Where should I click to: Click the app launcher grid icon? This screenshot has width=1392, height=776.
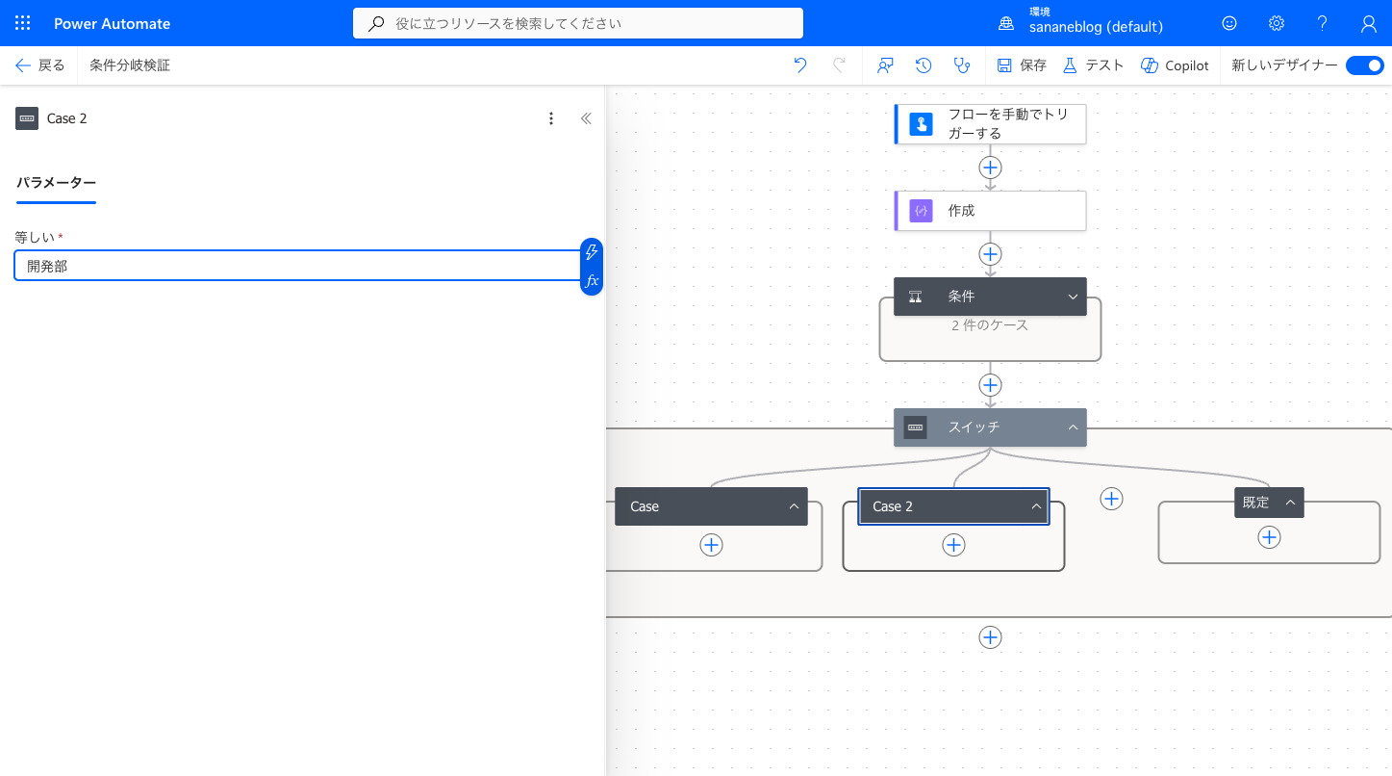pyautogui.click(x=22, y=23)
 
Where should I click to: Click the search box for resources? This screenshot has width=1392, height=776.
pyautogui.click(x=578, y=23)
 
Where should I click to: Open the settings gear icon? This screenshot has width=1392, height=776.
pyautogui.click(x=1277, y=23)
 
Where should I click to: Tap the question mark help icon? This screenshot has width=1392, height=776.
pyautogui.click(x=1323, y=23)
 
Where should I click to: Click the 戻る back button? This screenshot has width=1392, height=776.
pyautogui.click(x=39, y=65)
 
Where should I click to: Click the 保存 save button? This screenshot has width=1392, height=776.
pyautogui.click(x=1022, y=65)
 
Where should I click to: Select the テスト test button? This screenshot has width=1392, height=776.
pyautogui.click(x=1093, y=65)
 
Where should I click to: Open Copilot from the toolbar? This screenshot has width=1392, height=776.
pyautogui.click(x=1175, y=65)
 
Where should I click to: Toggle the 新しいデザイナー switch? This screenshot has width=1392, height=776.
pyautogui.click(x=1365, y=65)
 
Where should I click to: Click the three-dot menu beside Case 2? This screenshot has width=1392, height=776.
pyautogui.click(x=550, y=118)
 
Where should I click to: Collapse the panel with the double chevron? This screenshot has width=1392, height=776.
pyautogui.click(x=586, y=118)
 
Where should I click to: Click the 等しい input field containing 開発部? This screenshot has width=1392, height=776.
pyautogui.click(x=297, y=266)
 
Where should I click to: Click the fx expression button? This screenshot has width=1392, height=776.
pyautogui.click(x=592, y=280)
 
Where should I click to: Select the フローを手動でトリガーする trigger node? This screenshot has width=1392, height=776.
pyautogui.click(x=990, y=124)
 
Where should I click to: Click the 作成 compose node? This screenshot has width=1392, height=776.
pyautogui.click(x=990, y=211)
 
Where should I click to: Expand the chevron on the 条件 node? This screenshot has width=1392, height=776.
pyautogui.click(x=1073, y=297)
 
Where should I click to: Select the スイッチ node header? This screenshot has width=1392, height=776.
pyautogui.click(x=990, y=427)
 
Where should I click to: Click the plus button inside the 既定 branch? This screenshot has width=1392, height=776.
pyautogui.click(x=1269, y=537)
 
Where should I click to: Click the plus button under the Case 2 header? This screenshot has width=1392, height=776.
pyautogui.click(x=953, y=545)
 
